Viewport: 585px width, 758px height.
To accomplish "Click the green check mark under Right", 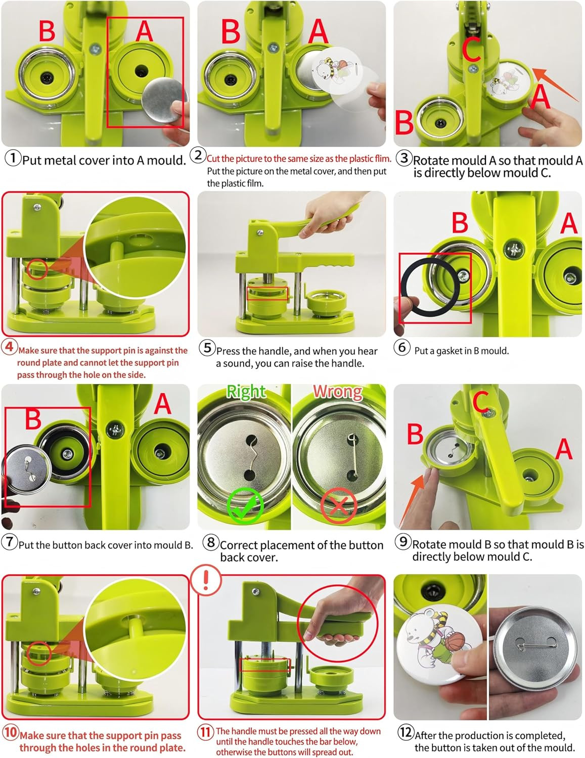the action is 245,505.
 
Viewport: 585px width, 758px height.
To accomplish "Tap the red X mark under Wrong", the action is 338,505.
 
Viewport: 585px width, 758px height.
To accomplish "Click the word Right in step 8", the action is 246,392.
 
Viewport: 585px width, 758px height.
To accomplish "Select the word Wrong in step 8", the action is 338,392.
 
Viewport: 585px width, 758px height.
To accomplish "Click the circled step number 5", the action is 207,348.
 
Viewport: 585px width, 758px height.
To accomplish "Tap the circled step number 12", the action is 406,732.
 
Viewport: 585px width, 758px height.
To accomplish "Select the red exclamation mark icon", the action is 206,580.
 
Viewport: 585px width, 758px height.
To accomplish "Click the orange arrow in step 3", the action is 556,85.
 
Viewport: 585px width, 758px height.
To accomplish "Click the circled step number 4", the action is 10,347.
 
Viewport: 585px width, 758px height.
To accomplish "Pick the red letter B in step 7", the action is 33,418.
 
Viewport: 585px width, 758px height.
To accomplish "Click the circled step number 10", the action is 10,732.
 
